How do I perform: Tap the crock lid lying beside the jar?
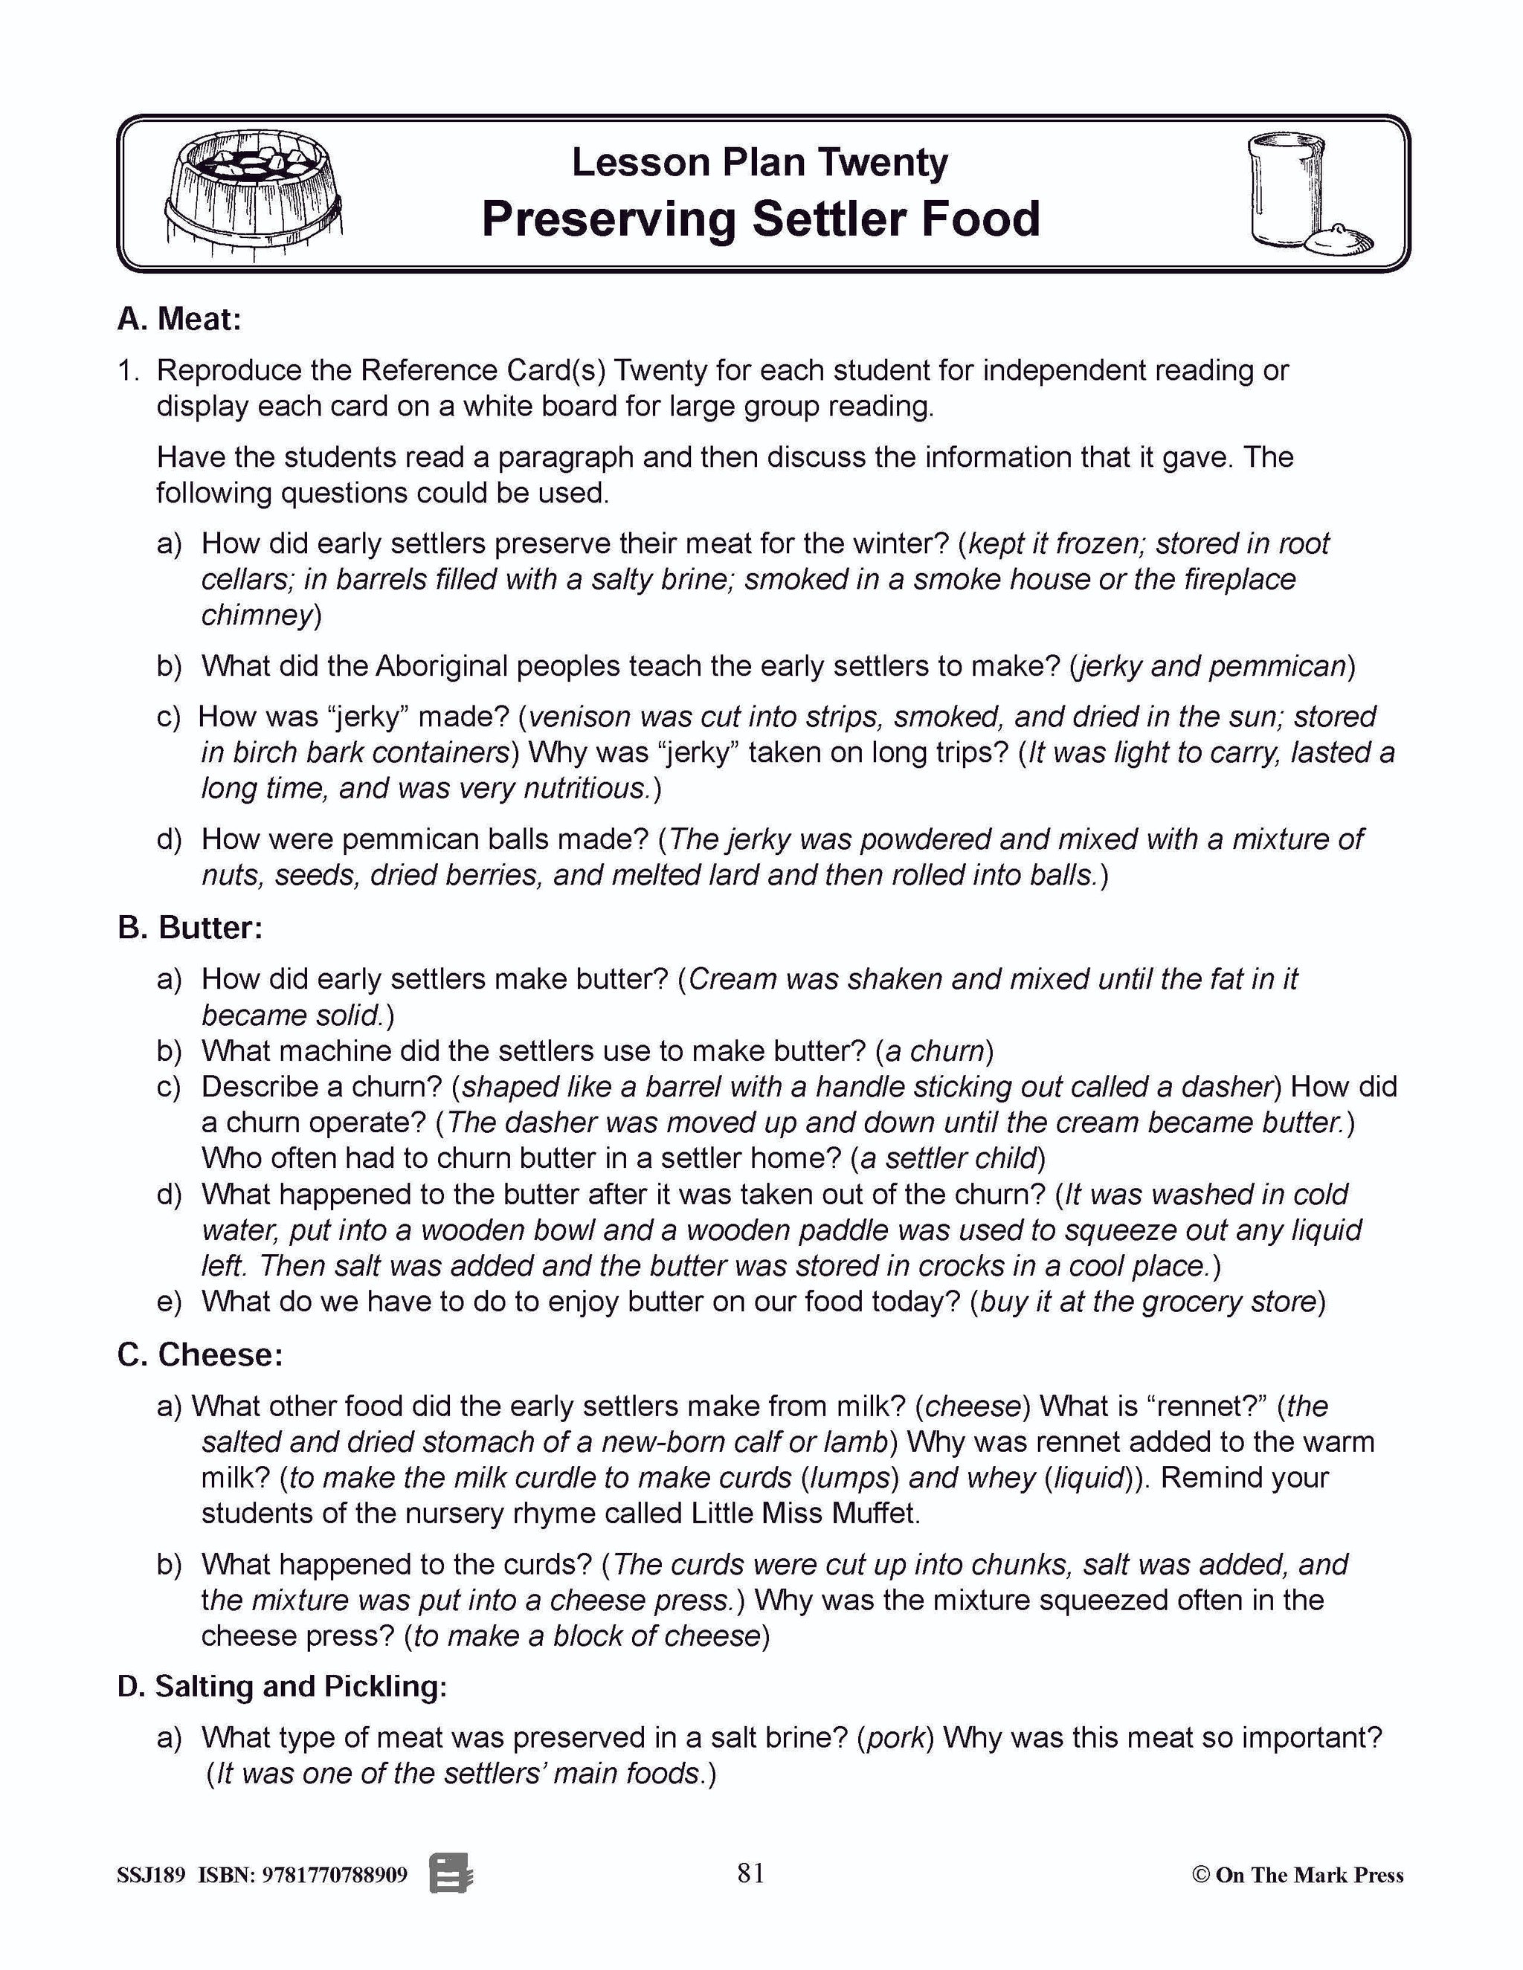pos(1341,239)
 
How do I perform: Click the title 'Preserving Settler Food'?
pos(761,219)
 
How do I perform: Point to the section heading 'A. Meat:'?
pos(179,320)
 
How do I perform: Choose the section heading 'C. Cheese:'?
pos(199,1354)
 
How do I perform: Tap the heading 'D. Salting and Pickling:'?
pos(282,1687)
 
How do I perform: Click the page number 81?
pos(750,1873)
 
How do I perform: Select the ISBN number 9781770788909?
pos(335,1876)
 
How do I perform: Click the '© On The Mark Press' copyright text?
pos(1298,1876)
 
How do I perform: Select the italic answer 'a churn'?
pos(934,1051)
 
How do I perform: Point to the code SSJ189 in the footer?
pos(151,1876)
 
